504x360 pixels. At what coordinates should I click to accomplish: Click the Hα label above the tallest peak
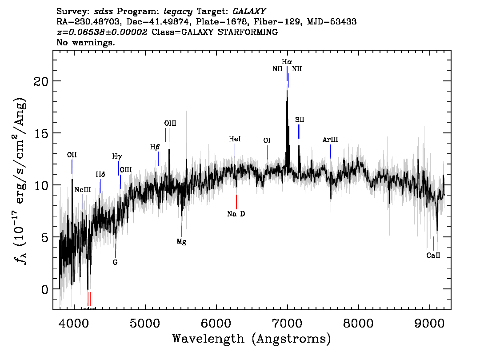287,62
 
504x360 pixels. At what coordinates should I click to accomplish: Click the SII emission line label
300,120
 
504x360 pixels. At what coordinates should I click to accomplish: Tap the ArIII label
330,140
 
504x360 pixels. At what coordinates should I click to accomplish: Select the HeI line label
235,139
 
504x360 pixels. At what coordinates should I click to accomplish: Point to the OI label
267,140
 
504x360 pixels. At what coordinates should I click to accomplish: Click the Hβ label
155,147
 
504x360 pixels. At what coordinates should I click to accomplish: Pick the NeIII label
83,189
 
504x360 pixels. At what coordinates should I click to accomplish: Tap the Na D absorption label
236,214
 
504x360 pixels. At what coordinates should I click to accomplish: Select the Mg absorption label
181,242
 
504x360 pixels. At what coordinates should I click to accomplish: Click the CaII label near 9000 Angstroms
433,256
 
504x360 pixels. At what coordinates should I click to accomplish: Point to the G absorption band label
115,262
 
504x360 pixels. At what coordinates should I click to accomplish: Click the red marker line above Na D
236,201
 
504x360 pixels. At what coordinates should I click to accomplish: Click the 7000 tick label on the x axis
287,322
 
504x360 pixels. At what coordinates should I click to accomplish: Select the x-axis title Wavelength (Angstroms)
252,339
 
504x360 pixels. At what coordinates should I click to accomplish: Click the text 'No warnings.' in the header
86,43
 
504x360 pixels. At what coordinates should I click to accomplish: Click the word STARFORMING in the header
251,32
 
